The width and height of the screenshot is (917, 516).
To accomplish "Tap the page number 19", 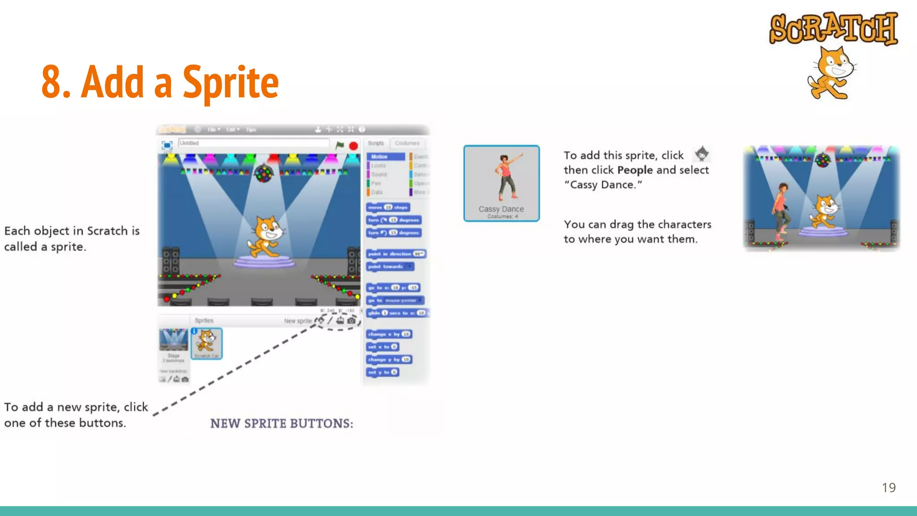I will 888,487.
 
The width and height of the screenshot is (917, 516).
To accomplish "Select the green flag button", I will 340,145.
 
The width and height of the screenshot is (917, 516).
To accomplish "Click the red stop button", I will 353,146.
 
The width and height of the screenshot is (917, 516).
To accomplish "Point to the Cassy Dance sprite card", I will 501,183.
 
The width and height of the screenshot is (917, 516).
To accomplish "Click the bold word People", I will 634,170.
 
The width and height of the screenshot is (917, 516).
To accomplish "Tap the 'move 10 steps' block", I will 388,207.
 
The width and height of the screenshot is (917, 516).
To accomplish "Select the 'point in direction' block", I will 396,254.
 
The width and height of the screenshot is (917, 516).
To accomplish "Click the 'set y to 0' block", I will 382,372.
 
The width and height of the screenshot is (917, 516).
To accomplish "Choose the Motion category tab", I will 385,157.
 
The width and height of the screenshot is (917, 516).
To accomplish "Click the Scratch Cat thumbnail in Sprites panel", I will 207,343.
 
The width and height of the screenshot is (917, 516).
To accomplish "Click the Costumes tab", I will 407,143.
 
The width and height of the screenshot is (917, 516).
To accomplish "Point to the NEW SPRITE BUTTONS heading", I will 282,424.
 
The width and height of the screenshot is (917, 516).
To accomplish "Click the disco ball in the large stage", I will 263,173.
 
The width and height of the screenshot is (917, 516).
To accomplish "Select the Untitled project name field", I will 253,143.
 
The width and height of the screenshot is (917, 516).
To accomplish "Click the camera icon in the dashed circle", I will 351,321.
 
